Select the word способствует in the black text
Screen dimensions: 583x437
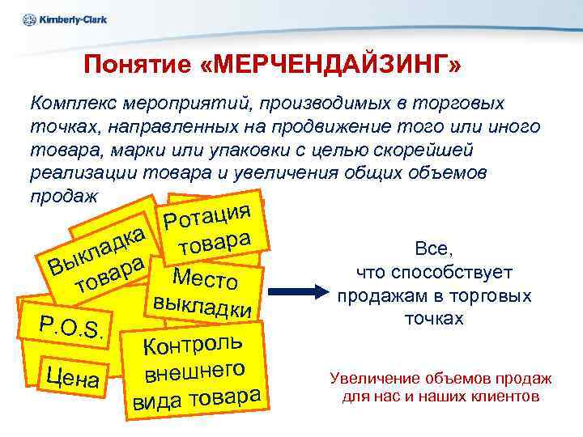coord(468,273)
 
